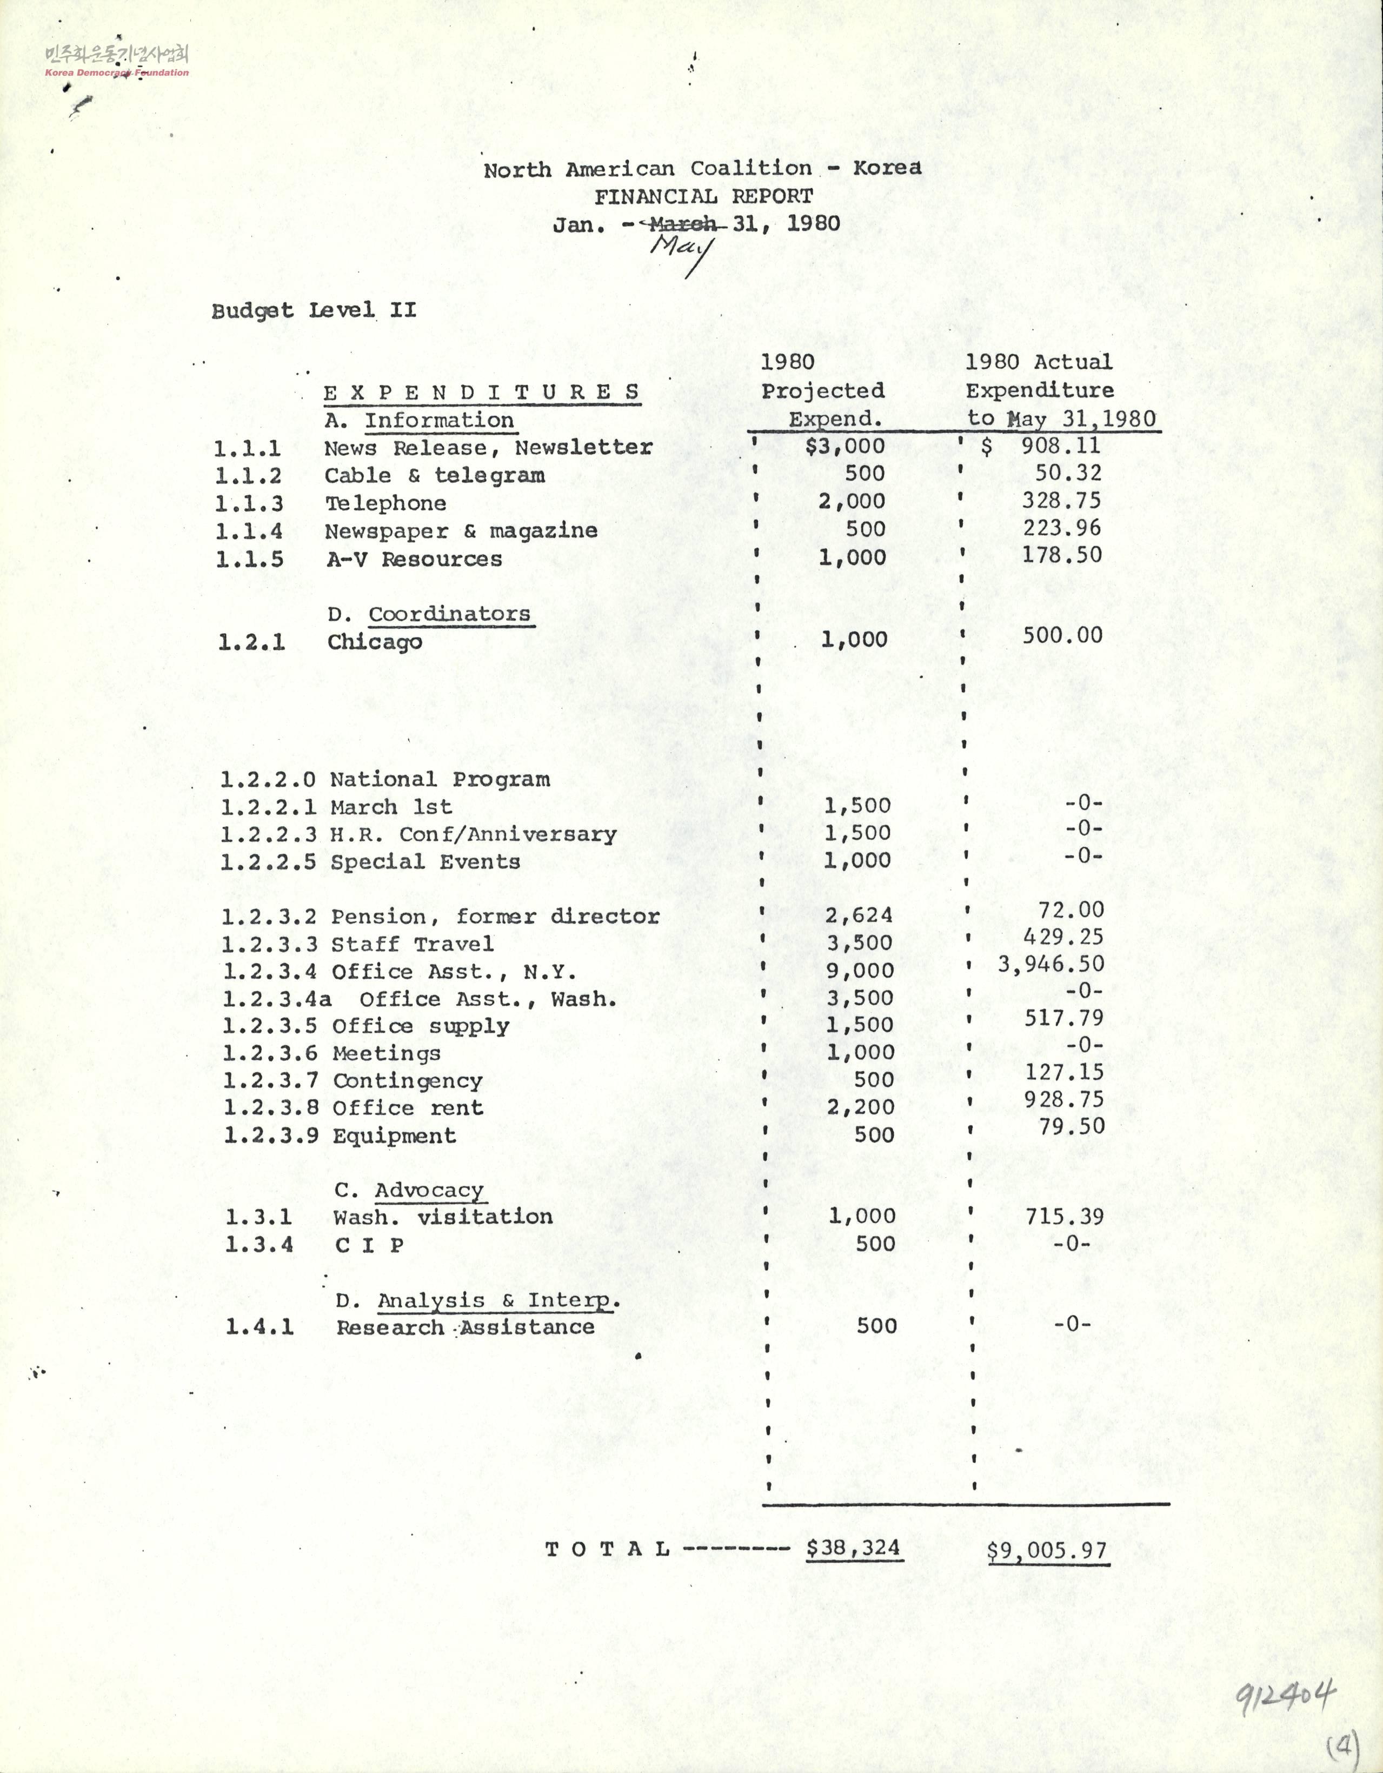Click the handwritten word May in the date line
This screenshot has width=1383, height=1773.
680,248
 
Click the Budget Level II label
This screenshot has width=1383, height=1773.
314,311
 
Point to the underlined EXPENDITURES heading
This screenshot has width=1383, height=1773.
481,393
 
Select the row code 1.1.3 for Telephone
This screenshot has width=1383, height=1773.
249,503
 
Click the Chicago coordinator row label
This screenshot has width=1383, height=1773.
375,642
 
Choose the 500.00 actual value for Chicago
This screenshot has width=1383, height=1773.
1062,636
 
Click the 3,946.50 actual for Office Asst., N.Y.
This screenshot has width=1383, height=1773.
1050,965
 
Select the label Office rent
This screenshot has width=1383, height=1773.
408,1108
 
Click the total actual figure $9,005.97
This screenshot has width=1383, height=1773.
1047,1551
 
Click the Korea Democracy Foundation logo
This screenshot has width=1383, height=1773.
116,61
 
